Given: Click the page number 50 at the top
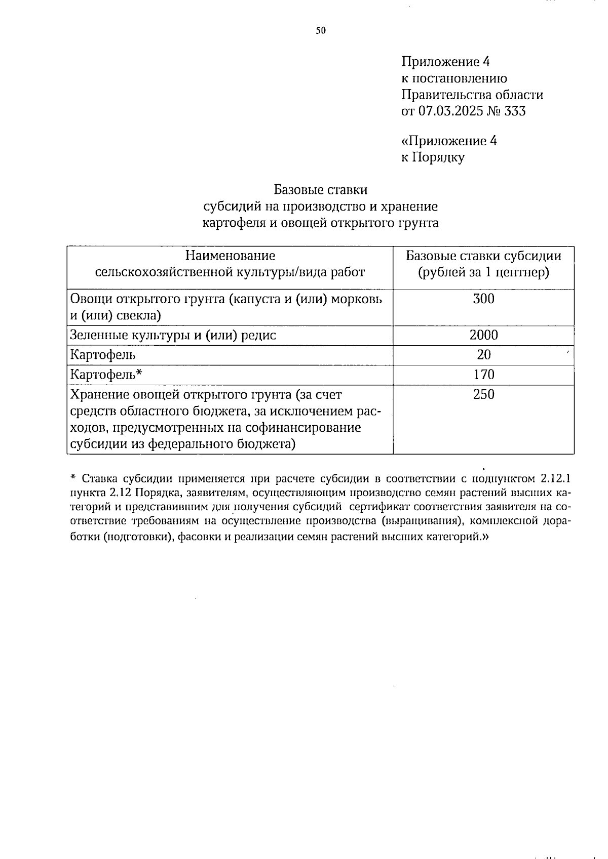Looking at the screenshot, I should (x=321, y=31).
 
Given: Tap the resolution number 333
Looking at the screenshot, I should (x=515, y=111).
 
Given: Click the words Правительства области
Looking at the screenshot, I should (x=472, y=95).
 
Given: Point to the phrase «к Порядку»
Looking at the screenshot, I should (x=433, y=157).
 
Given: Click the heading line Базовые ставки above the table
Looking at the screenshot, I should (x=320, y=190).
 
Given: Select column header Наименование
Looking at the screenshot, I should (x=230, y=256).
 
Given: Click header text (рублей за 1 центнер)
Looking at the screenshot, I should (x=483, y=272).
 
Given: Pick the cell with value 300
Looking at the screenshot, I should (x=483, y=299).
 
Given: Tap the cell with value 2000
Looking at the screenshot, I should (x=483, y=335).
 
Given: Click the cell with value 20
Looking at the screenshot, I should (x=483, y=355).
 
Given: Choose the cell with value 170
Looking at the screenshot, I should (x=483, y=375).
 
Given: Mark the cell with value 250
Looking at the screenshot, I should (x=483, y=395).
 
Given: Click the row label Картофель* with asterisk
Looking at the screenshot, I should (x=106, y=375).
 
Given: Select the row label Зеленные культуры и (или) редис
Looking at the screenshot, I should (x=173, y=335).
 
